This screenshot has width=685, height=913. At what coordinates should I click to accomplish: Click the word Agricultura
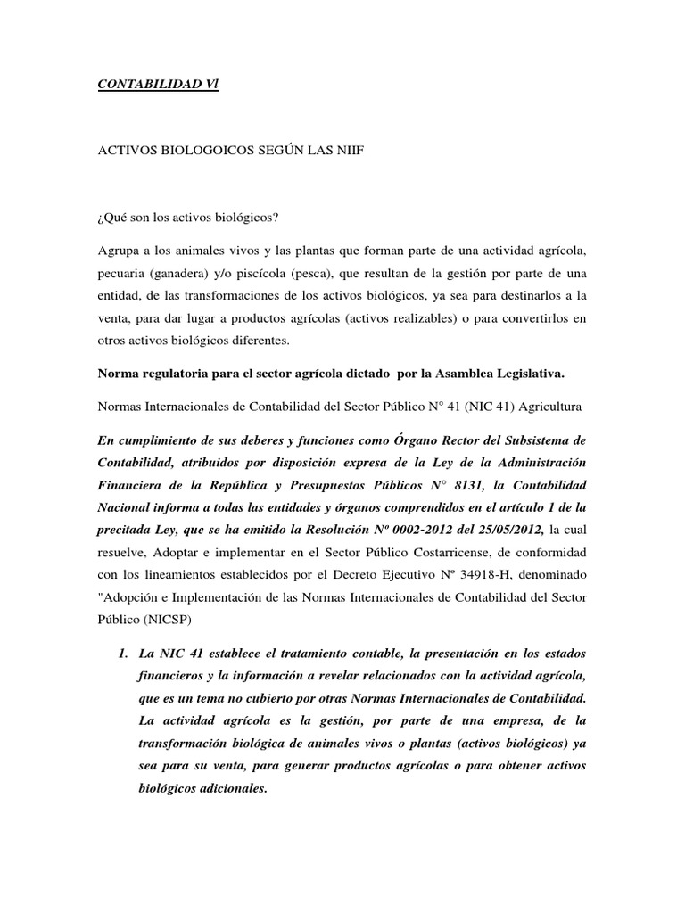[552, 407]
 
